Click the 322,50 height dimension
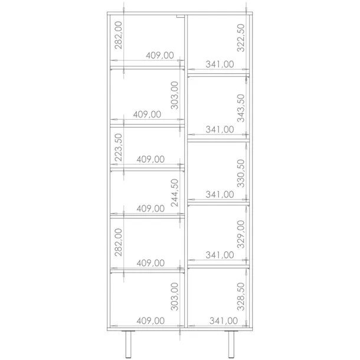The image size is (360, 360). [241, 38]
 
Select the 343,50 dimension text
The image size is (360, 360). [241, 108]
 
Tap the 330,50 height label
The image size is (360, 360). [241, 174]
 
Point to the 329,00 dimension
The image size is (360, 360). [241, 234]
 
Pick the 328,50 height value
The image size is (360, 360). [241, 297]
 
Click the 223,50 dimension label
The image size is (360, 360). [119, 148]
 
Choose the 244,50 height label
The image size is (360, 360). [175, 193]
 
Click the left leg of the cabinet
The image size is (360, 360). [129, 345]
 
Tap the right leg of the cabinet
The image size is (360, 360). [231, 345]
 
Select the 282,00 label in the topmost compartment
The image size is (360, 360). [119, 35]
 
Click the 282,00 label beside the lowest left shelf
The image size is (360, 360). [119, 243]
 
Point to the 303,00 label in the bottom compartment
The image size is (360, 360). [175, 297]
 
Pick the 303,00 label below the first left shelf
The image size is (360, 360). [175, 95]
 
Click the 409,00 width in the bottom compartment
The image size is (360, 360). [150, 320]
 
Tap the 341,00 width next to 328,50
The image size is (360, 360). [224, 320]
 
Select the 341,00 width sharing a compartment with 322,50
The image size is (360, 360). [220, 64]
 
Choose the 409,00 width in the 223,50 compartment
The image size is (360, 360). [150, 159]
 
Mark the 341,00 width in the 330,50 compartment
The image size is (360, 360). [220, 195]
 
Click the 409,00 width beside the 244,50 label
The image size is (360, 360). [150, 208]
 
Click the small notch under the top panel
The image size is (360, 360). [181, 16]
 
